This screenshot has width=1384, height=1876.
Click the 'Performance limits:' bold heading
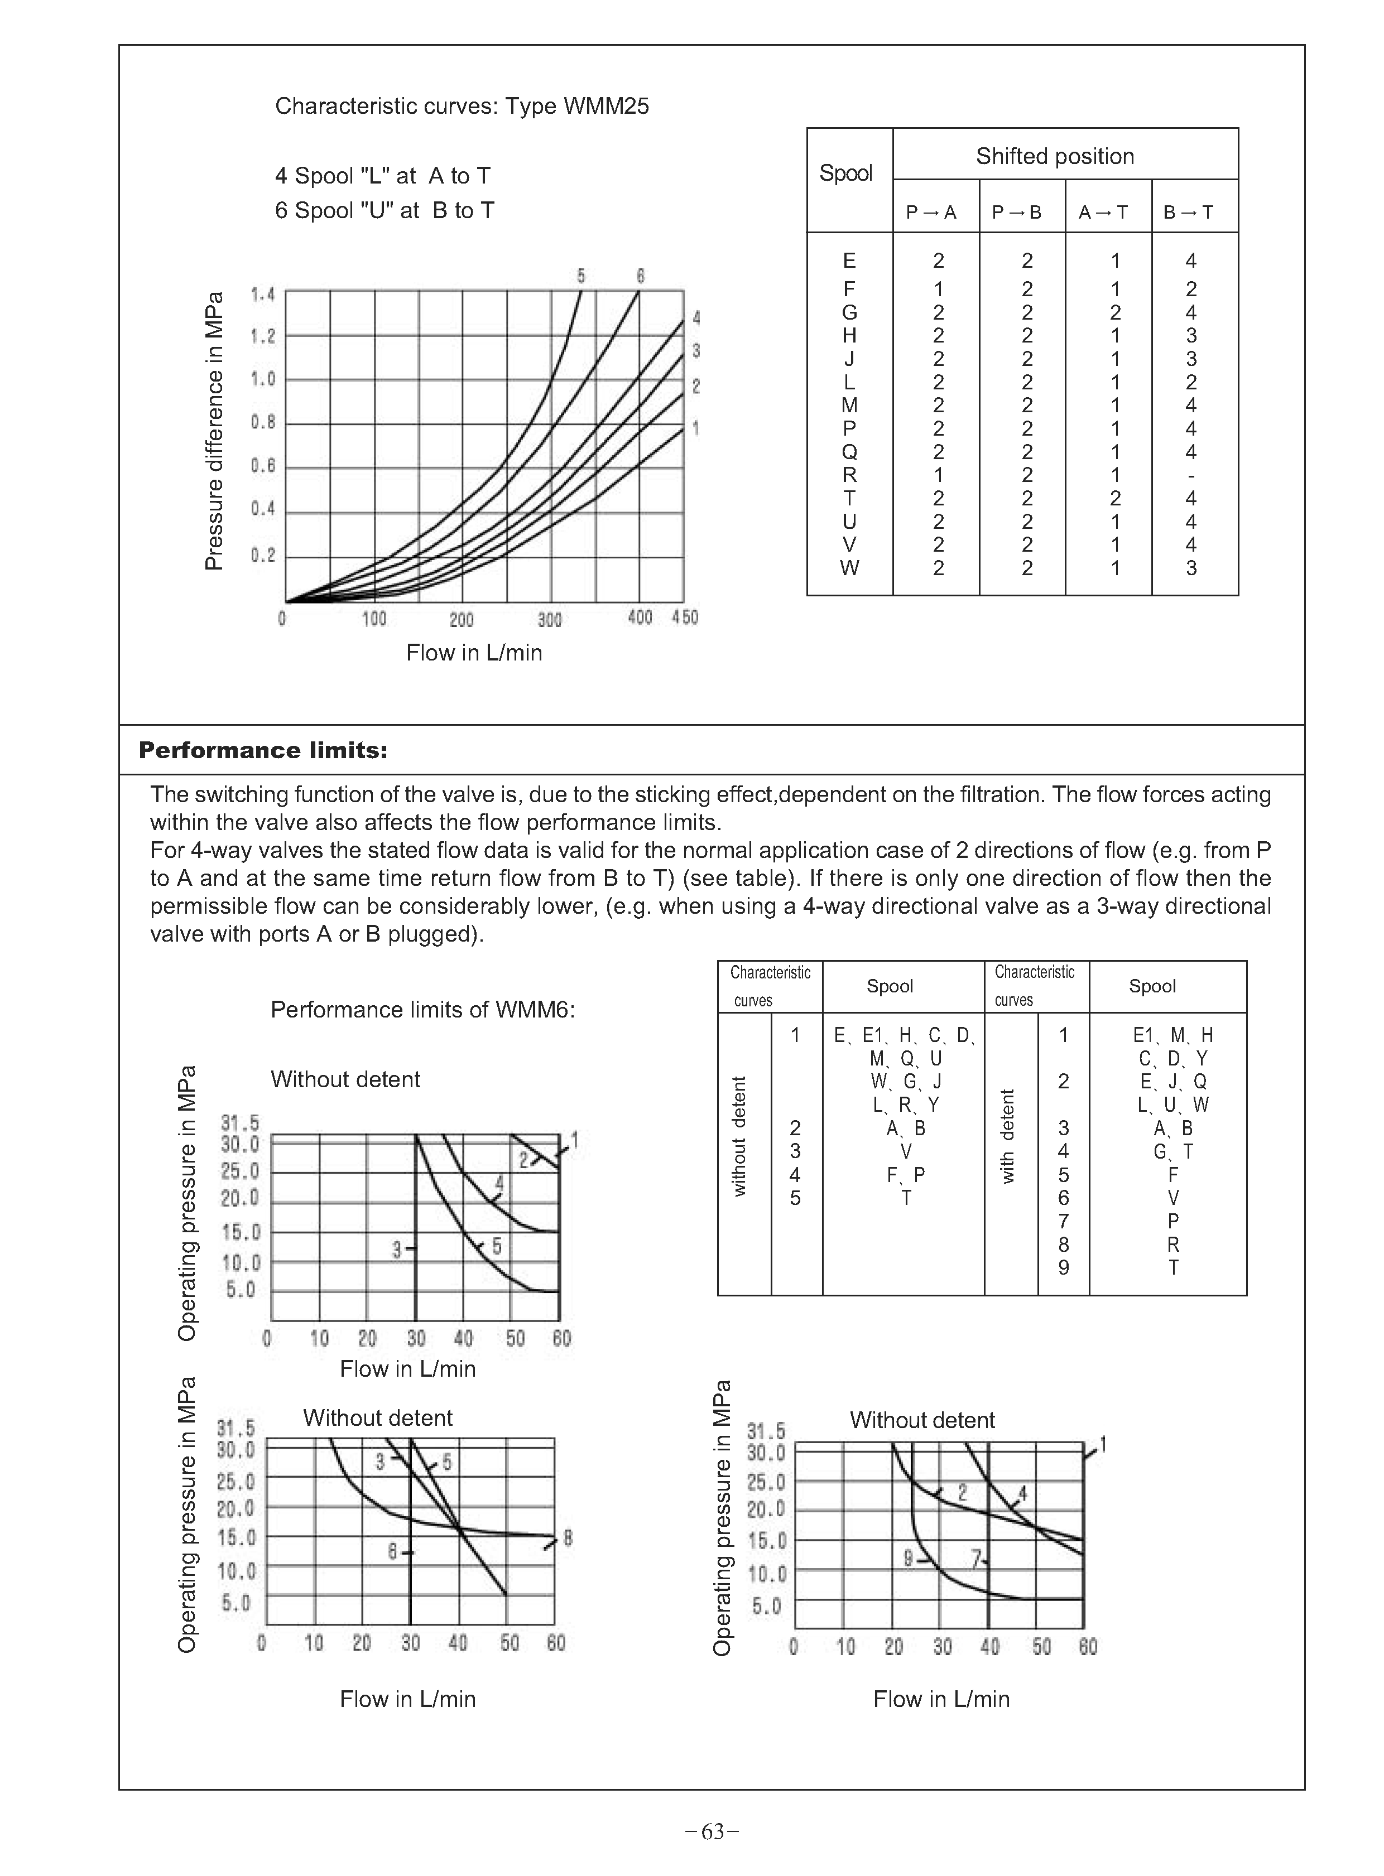click(262, 750)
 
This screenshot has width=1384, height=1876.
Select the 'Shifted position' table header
click(1054, 157)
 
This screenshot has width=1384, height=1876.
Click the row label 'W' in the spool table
click(849, 568)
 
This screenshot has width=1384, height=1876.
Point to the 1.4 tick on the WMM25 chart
click(262, 294)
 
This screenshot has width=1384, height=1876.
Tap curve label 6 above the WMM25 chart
click(640, 276)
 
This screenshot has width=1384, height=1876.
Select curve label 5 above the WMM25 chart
click(580, 276)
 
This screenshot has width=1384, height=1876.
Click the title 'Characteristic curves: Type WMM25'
click(462, 107)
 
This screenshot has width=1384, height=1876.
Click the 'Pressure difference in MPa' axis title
click(214, 431)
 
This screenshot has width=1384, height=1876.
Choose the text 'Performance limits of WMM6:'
click(422, 1010)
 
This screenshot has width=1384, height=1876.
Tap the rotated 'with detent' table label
click(1008, 1136)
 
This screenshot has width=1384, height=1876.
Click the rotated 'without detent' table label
click(740, 1136)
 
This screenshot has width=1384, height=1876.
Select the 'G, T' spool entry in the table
click(1173, 1151)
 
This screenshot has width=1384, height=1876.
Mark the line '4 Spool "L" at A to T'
click(382, 176)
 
